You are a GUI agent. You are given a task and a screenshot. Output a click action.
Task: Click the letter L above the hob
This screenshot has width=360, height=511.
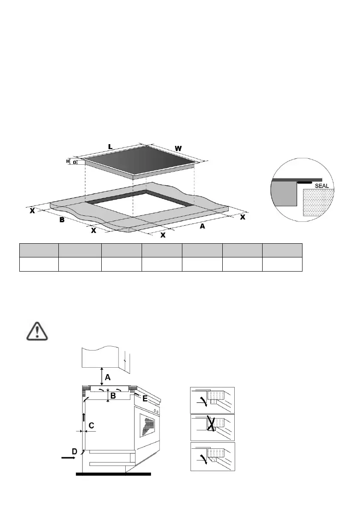[110, 147]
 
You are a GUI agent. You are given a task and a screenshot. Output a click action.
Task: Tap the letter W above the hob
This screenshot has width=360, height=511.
[178, 148]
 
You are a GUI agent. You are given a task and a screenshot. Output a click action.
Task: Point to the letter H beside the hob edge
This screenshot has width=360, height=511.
[68, 162]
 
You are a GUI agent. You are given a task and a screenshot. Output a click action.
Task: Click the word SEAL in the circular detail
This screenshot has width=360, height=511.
[322, 186]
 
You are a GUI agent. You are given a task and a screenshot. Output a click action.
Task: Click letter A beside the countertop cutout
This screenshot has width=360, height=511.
[202, 226]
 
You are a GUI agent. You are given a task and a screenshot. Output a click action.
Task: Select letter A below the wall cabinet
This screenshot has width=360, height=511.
[108, 377]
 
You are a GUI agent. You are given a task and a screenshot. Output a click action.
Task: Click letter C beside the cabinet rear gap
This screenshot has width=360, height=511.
[91, 426]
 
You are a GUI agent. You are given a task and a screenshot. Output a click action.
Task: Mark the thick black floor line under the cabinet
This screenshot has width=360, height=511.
[113, 475]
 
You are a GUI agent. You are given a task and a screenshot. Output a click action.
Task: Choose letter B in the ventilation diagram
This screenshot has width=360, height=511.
[113, 396]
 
